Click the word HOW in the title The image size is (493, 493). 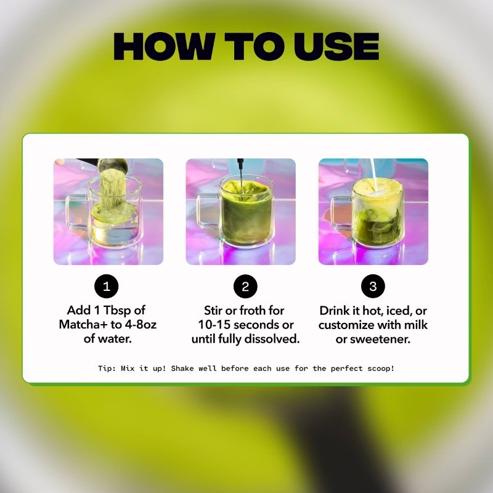click(x=165, y=46)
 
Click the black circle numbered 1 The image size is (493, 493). click(x=107, y=286)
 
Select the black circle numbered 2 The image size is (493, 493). click(x=245, y=286)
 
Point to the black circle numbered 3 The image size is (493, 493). click(x=373, y=286)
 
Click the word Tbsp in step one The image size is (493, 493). click(x=117, y=311)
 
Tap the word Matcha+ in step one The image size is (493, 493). click(x=83, y=324)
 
